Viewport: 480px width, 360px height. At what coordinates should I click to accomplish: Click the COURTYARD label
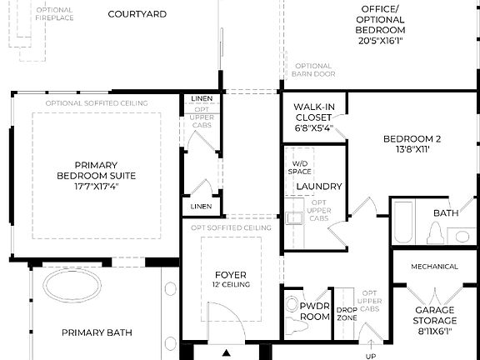[x=137, y=14]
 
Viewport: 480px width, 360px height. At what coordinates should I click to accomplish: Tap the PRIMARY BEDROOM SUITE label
[x=96, y=170]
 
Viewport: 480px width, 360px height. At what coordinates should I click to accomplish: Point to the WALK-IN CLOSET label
[x=313, y=117]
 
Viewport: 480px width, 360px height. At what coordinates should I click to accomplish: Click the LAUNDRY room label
[x=319, y=186]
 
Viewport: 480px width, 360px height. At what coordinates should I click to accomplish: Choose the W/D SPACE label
[x=299, y=167]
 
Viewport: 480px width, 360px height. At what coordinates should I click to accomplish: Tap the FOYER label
[x=231, y=275]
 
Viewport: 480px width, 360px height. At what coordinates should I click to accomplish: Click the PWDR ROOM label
[x=316, y=312]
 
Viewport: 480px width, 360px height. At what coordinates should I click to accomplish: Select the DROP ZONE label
[x=347, y=313]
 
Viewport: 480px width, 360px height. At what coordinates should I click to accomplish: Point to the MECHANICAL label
[x=435, y=267]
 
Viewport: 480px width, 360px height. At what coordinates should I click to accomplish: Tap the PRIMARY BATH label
[x=97, y=332]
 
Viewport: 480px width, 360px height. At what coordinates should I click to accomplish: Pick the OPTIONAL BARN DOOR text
[x=312, y=70]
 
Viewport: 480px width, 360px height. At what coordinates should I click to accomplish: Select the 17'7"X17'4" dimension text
[x=96, y=187]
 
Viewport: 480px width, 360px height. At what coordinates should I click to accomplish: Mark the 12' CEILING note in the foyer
[x=231, y=285]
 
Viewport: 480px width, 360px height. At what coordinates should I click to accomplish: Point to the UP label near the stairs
[x=370, y=354]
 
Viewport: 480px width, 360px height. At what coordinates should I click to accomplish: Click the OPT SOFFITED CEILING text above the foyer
[x=232, y=227]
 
